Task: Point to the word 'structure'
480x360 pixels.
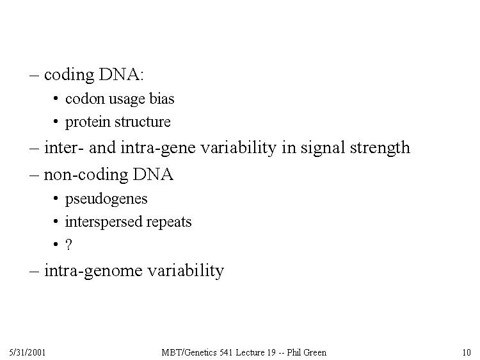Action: tap(142, 122)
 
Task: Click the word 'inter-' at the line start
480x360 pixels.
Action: tap(63, 147)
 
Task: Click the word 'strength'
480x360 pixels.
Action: tap(380, 148)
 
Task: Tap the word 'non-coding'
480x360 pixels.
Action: tap(86, 176)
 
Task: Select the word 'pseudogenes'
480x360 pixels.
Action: tap(106, 199)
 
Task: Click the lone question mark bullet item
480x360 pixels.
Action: tap(68, 245)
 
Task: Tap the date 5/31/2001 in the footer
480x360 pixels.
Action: tap(28, 353)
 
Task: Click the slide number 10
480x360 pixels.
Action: tap(467, 353)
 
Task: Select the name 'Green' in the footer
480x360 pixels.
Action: tap(315, 353)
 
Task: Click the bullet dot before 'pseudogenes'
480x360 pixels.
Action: tap(56, 199)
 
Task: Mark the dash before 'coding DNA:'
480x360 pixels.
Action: tap(35, 75)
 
